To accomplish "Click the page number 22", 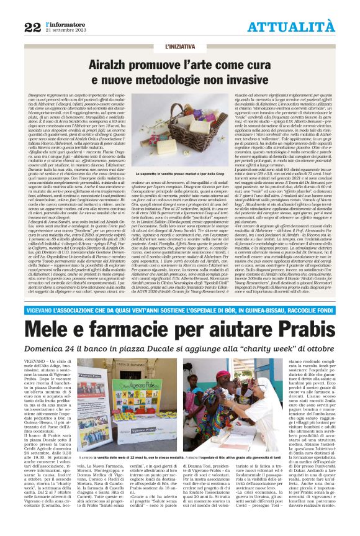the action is click(x=33, y=27).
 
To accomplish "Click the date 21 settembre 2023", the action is click(x=62, y=30).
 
